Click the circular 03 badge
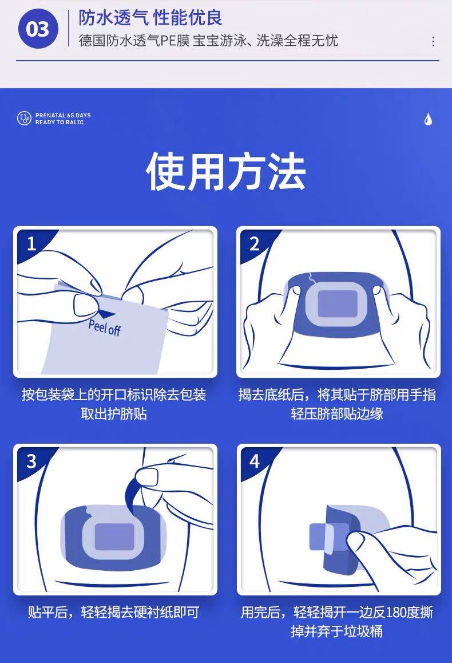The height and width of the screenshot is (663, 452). click(x=38, y=29)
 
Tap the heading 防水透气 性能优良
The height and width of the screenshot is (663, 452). click(x=150, y=18)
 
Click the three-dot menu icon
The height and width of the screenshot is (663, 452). click(x=433, y=41)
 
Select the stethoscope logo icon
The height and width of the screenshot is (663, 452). click(x=24, y=119)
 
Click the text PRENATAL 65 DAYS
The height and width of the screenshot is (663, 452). click(x=63, y=115)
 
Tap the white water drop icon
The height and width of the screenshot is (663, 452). click(x=428, y=119)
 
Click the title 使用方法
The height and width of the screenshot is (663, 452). click(x=226, y=171)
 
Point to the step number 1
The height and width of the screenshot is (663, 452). click(x=31, y=244)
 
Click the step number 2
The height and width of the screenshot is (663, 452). click(x=254, y=244)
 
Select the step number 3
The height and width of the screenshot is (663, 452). click(x=31, y=461)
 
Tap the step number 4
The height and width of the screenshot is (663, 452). click(x=254, y=461)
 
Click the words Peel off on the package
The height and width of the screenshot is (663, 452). click(x=104, y=327)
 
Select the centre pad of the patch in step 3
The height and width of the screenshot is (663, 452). click(x=114, y=537)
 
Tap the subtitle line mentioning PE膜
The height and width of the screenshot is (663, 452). click(x=208, y=41)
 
